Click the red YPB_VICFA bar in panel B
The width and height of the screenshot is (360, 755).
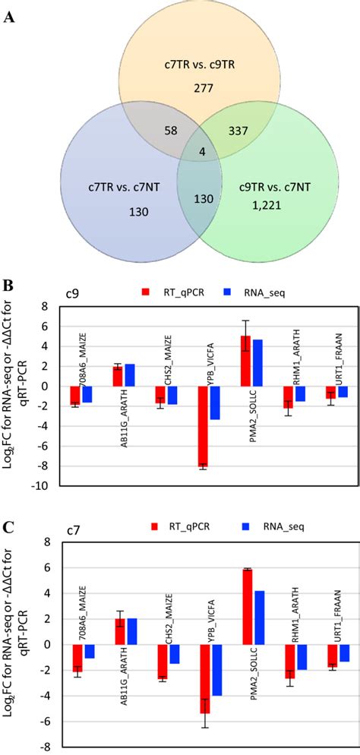(204, 427)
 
